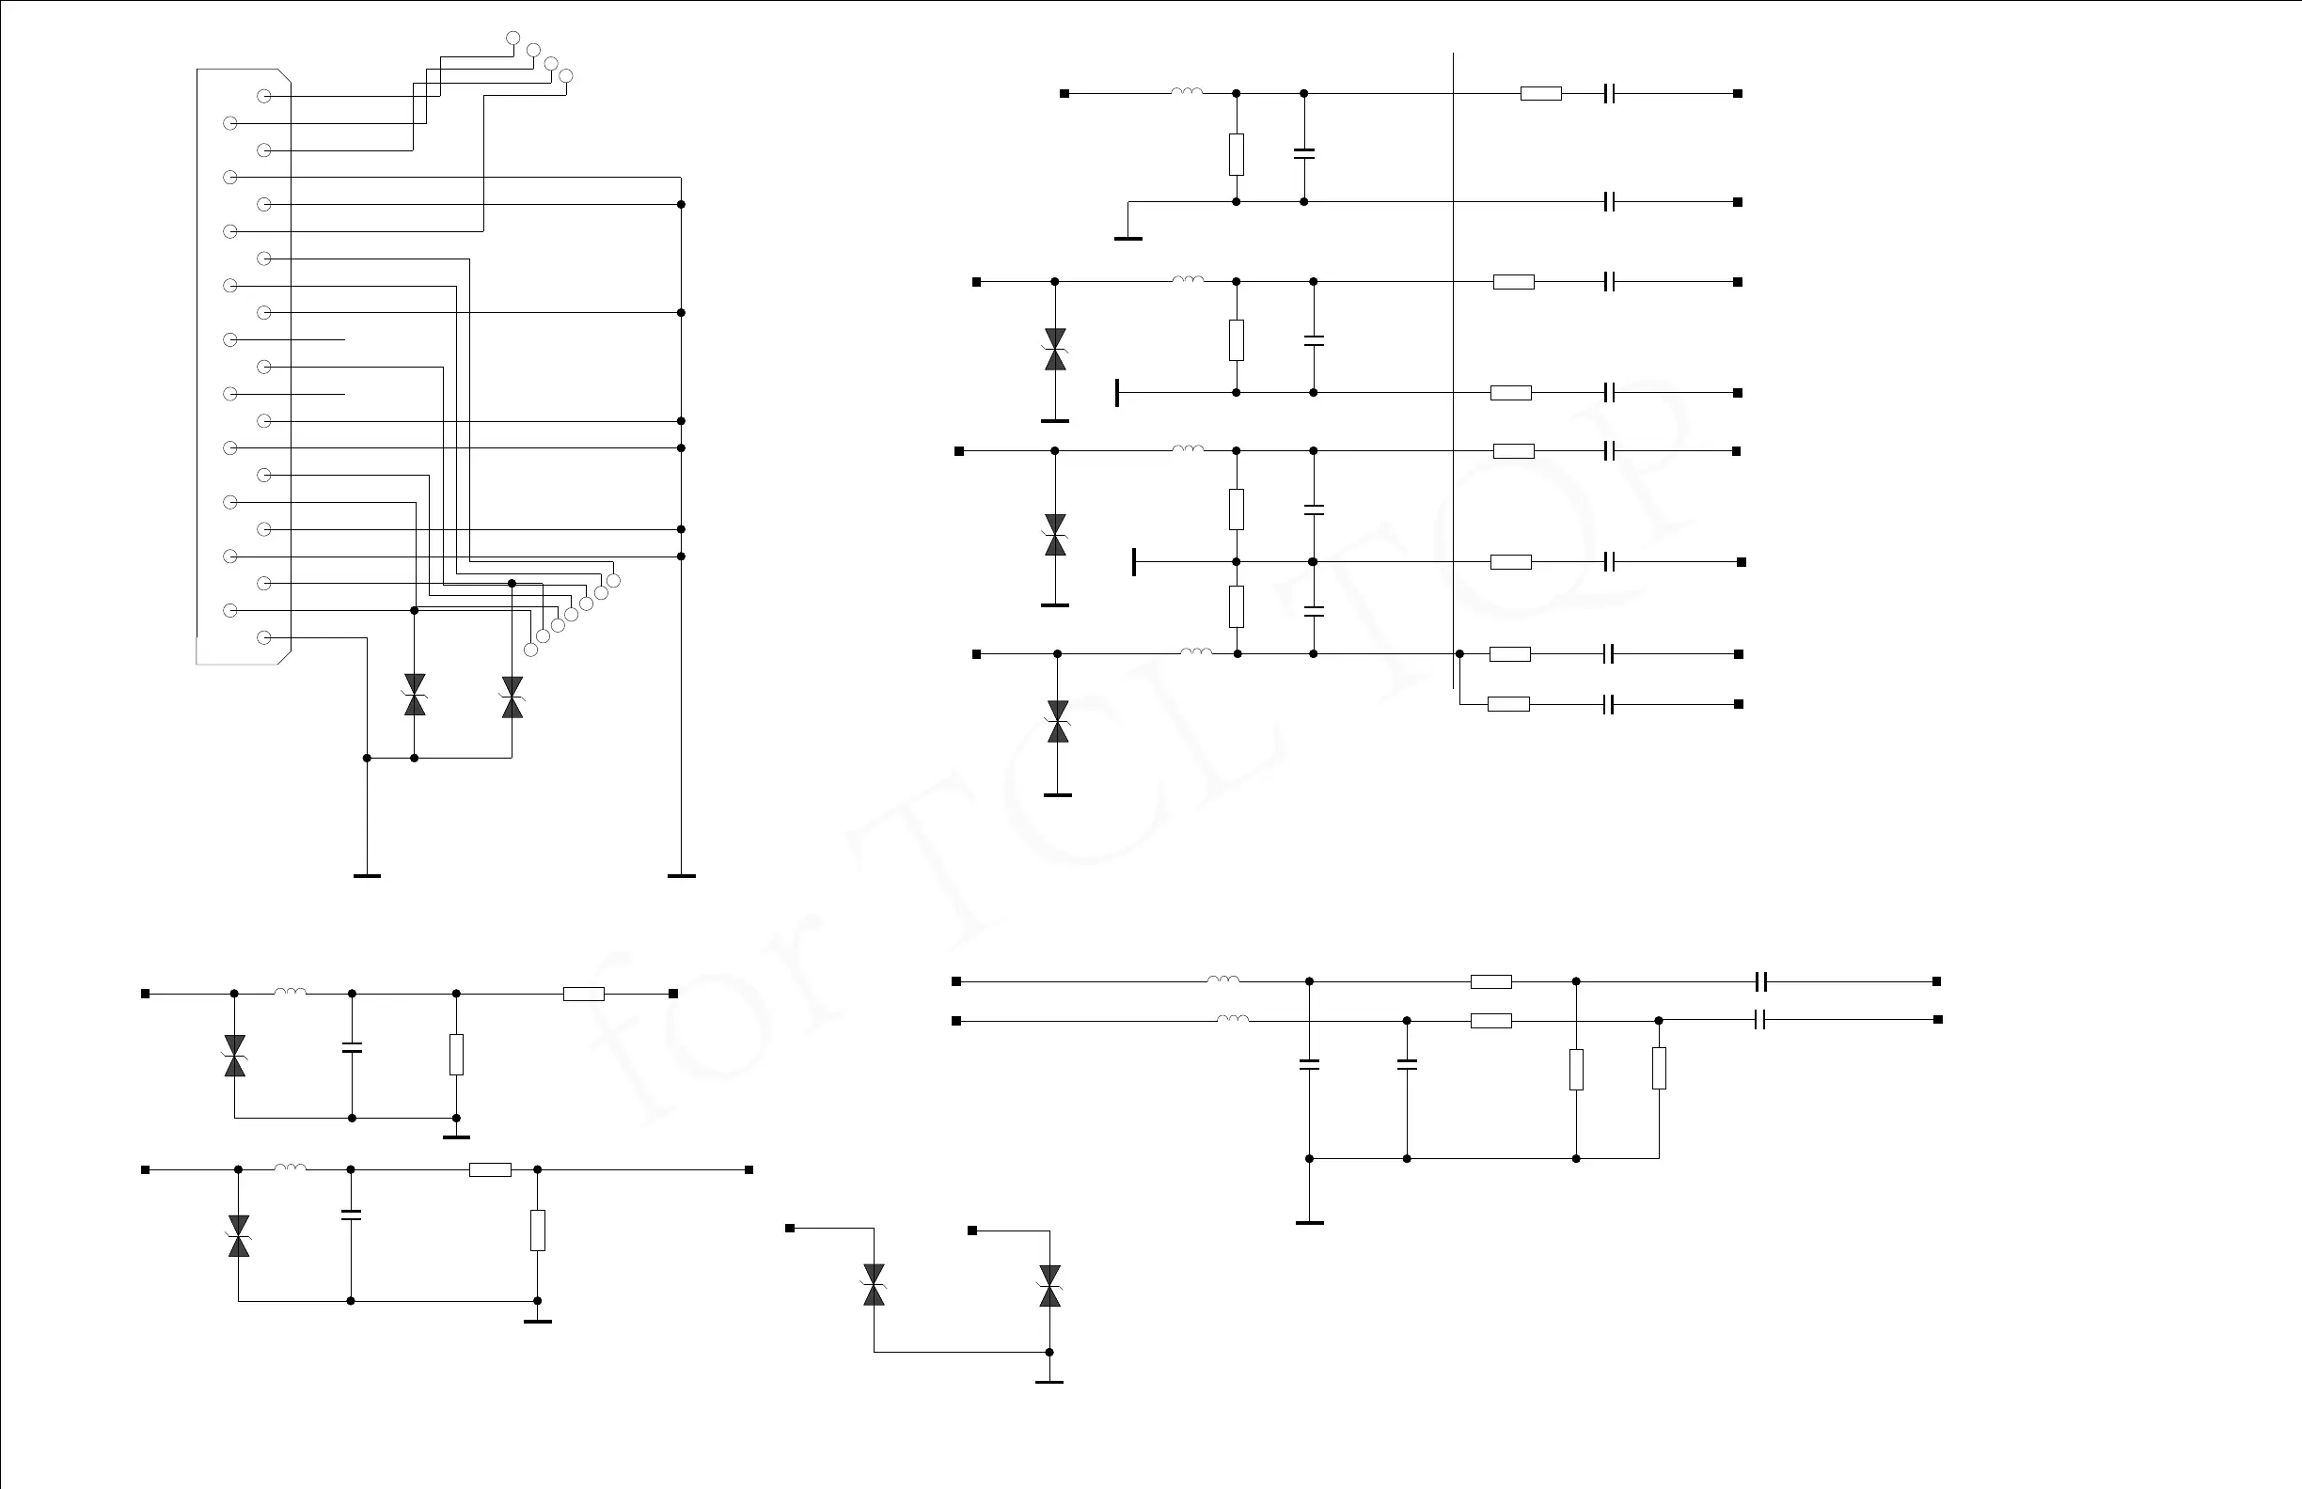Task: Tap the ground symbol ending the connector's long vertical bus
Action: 681,875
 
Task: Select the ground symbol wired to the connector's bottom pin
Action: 367,875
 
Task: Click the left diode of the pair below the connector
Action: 415,696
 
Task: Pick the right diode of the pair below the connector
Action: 512,697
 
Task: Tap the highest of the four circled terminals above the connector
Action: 512,39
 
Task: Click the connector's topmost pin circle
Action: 263,96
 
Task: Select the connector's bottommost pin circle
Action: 263,637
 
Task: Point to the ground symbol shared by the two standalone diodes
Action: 1049,1381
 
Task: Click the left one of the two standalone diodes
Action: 874,1285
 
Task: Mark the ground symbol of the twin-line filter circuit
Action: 1309,1223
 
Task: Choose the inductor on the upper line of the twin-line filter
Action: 1222,980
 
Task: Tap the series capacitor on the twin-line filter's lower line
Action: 1759,1020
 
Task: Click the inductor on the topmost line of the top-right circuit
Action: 1187,93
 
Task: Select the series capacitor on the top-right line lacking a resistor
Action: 1609,202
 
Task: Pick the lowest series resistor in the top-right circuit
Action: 1508,704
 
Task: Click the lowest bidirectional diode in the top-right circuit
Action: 1057,721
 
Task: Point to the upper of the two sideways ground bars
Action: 1118,393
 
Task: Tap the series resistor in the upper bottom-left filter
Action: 583,994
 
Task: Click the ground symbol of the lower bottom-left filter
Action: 537,1321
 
